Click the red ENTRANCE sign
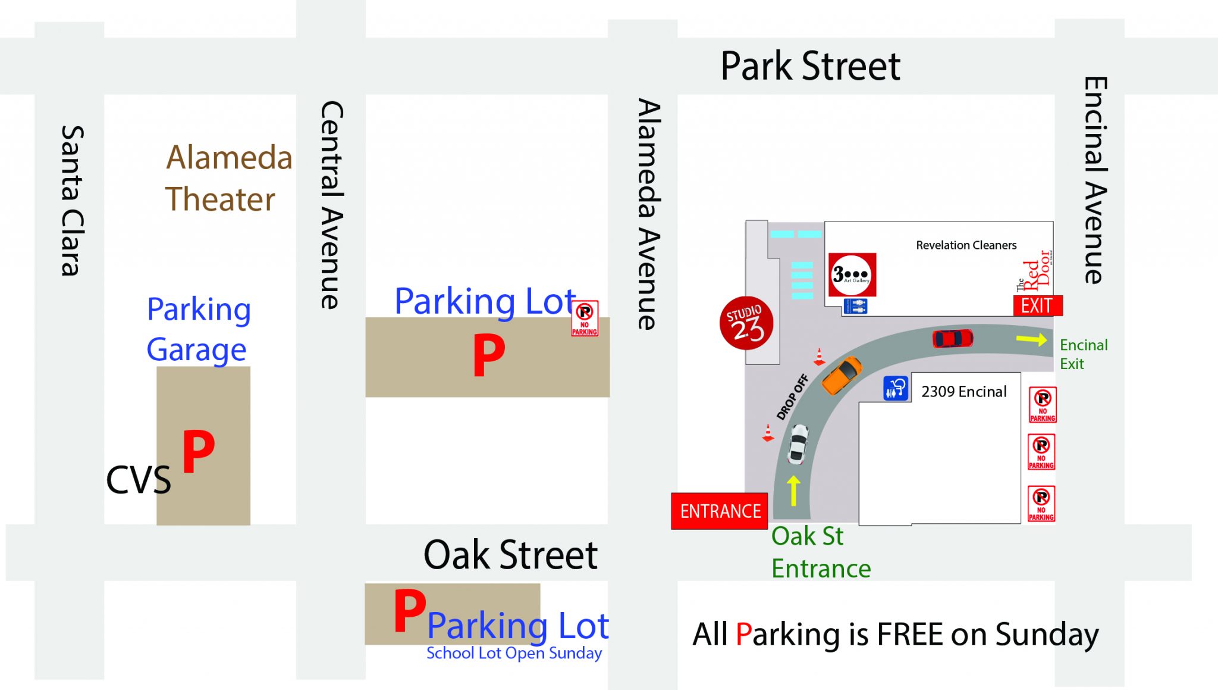click(720, 511)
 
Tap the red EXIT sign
click(1037, 305)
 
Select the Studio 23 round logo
click(746, 323)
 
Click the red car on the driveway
click(953, 338)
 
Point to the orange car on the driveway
click(842, 374)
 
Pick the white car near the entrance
click(798, 444)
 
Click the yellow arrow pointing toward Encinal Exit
click(1031, 339)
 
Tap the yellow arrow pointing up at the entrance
click(793, 490)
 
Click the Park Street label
click(810, 65)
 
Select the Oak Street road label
click(510, 555)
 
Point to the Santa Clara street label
click(73, 201)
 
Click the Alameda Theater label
click(228, 178)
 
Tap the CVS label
click(138, 480)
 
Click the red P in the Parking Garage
click(198, 451)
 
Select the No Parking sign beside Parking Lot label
click(585, 319)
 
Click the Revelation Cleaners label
click(966, 245)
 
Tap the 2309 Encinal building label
click(963, 392)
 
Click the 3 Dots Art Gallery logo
click(852, 275)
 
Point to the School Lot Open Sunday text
click(514, 653)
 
